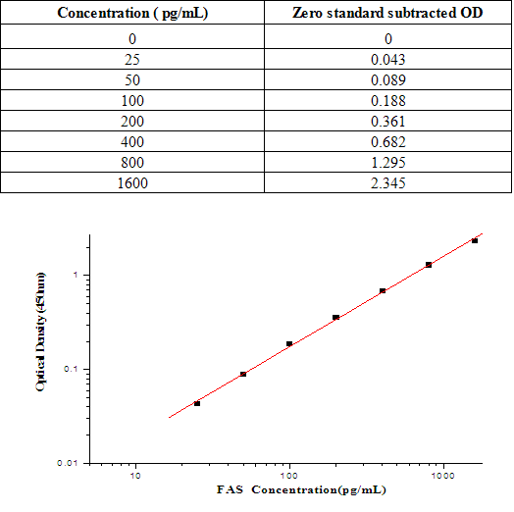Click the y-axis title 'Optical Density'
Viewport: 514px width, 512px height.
pos(42,347)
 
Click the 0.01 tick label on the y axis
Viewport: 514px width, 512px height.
pos(69,463)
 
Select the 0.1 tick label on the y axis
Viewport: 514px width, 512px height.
pos(72,370)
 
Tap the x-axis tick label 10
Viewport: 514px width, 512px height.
pos(135,475)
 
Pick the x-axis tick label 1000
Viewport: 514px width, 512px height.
pos(443,475)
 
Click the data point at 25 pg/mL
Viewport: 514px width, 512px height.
pos(197,403)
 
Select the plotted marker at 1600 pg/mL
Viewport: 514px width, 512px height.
pos(475,240)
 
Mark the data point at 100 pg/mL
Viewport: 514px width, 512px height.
pos(289,343)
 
